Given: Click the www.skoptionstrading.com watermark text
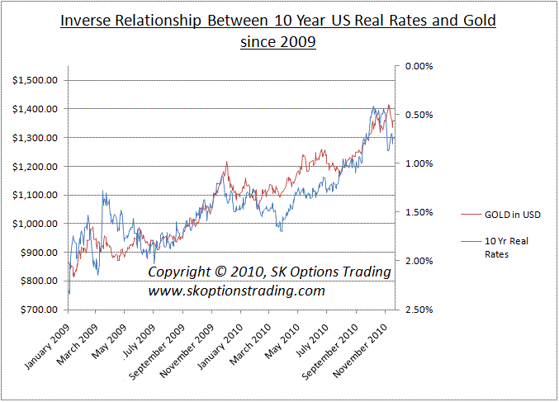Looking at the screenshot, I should click(236, 291).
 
